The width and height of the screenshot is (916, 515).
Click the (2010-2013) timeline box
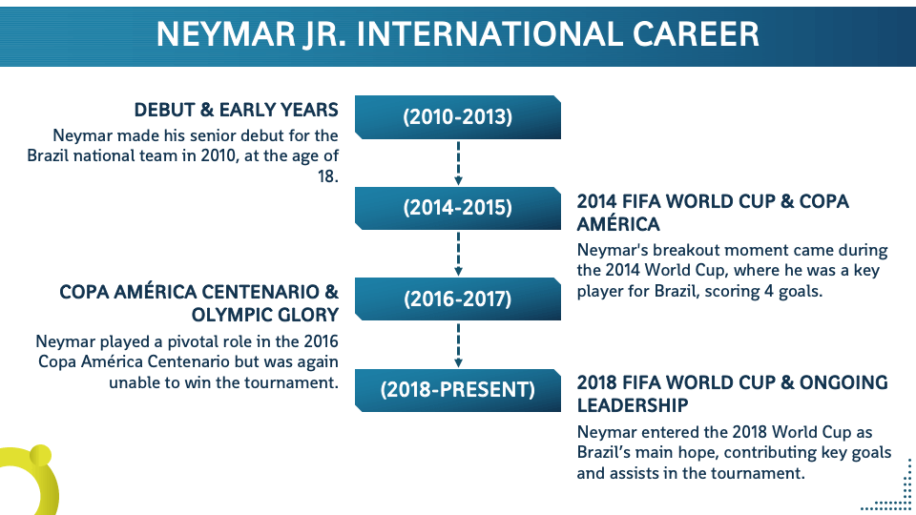tap(457, 117)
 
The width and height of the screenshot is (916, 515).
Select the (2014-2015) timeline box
tap(457, 209)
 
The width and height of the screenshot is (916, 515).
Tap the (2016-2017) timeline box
tap(457, 299)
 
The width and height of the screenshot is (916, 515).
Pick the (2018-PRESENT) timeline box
tap(457, 390)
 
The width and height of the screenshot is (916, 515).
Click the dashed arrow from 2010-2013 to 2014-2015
tap(458, 163)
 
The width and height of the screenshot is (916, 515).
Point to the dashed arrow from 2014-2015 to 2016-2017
tap(458, 254)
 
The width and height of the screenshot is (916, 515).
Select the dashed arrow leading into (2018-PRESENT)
tap(458, 345)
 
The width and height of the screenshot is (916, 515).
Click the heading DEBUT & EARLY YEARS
tap(236, 110)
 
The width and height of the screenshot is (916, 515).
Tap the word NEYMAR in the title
tap(226, 34)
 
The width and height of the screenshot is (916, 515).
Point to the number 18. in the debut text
tap(327, 175)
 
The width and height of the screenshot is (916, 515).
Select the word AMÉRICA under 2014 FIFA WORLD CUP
tap(618, 223)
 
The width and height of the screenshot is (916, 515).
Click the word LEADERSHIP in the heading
tap(633, 405)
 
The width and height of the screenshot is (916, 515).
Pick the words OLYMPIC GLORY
tap(264, 315)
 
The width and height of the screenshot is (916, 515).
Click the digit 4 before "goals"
tap(767, 292)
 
